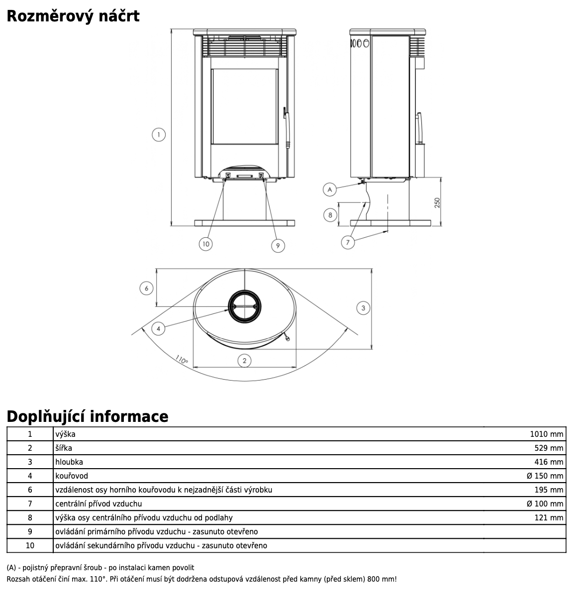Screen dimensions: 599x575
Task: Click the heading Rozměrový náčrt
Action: point(73,16)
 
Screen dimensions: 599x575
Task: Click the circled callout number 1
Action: point(158,134)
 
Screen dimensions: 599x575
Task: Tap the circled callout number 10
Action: point(206,244)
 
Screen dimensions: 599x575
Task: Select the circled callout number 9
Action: point(278,245)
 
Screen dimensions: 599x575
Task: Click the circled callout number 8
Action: point(330,215)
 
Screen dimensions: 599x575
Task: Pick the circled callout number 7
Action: point(348,242)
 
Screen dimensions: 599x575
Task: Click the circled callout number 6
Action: point(146,288)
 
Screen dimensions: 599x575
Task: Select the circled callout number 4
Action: point(158,328)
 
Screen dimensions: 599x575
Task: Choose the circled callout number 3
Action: point(364,308)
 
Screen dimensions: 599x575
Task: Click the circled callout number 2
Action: point(244,360)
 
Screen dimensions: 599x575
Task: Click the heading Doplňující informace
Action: point(88,416)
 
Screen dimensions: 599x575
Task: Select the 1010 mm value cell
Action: point(546,434)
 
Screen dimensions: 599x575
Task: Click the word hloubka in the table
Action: point(69,462)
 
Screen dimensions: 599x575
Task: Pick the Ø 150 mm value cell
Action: point(545,476)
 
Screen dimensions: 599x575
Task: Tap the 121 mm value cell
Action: point(549,517)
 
